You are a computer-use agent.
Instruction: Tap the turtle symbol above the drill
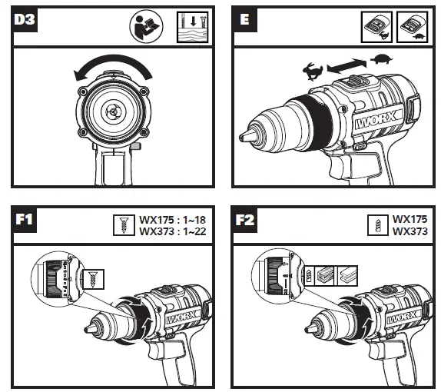381,59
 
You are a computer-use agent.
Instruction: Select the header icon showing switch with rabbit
376,25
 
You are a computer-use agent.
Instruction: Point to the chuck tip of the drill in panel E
247,136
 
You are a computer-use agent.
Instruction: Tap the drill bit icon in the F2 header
377,224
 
